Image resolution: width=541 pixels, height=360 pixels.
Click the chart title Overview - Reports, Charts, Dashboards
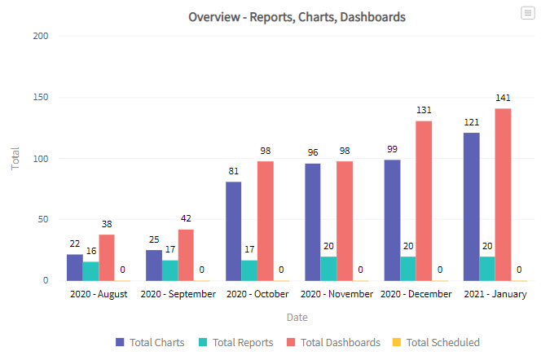[x=297, y=16]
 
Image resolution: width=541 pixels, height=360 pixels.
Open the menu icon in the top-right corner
[x=528, y=12]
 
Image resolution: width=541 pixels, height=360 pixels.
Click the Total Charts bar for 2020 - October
[x=233, y=230]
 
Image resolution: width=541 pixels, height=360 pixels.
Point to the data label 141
[x=503, y=98]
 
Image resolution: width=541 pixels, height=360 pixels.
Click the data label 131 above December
[x=424, y=110]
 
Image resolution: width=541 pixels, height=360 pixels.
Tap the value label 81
[x=233, y=171]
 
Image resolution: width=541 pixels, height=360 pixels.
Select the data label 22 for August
[x=74, y=244]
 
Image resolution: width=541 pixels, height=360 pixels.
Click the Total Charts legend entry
[x=150, y=343]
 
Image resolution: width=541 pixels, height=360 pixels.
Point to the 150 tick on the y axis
[x=40, y=98]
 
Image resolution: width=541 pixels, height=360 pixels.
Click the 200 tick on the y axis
[x=40, y=37]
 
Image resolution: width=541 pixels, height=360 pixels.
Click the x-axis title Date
[x=297, y=317]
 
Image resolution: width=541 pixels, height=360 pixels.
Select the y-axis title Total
[x=15, y=158]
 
